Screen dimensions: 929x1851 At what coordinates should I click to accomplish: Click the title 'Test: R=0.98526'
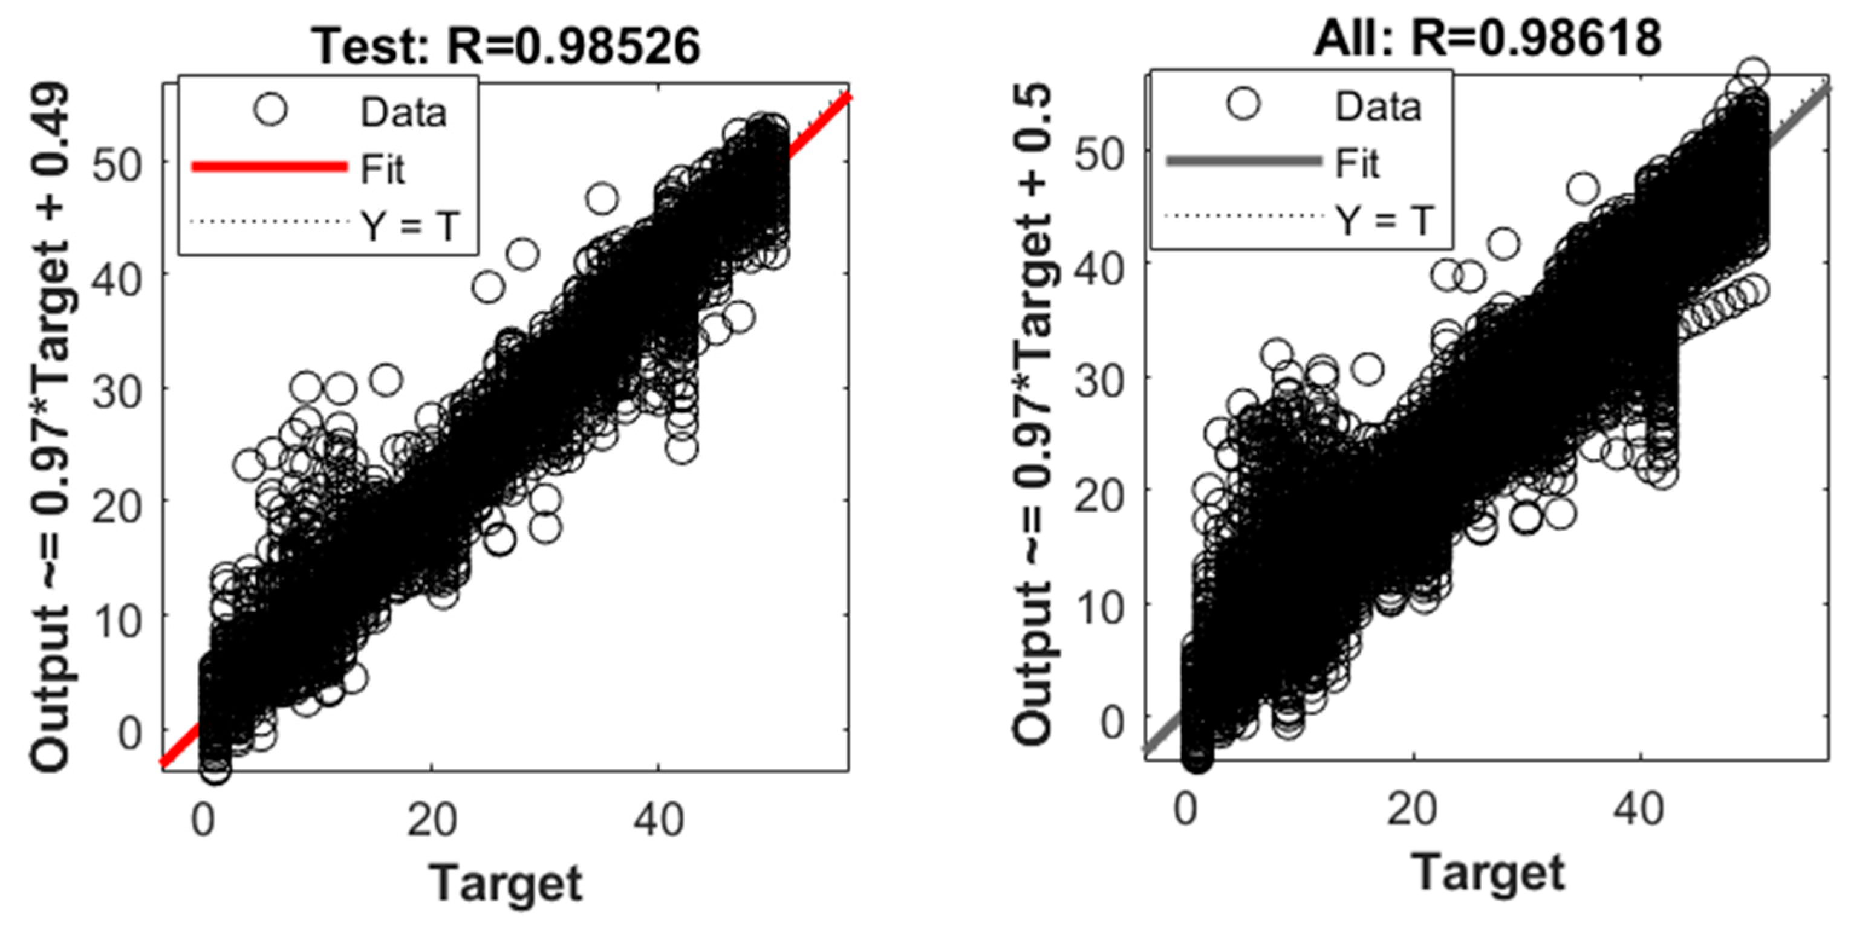(x=506, y=46)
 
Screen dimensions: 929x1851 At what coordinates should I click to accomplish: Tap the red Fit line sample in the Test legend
(x=270, y=167)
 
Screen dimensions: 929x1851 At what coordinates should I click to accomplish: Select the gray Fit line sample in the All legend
(x=1244, y=160)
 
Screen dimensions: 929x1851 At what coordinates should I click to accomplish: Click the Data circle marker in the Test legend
(x=270, y=110)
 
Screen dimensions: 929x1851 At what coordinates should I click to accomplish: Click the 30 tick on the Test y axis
(x=119, y=392)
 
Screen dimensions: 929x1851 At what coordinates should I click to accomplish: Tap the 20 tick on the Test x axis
(x=431, y=819)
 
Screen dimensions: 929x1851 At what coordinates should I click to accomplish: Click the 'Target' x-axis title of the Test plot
(x=506, y=883)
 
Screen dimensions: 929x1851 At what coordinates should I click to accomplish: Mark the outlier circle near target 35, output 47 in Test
(x=602, y=199)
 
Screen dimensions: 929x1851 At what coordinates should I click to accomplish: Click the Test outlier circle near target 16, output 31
(x=386, y=380)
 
